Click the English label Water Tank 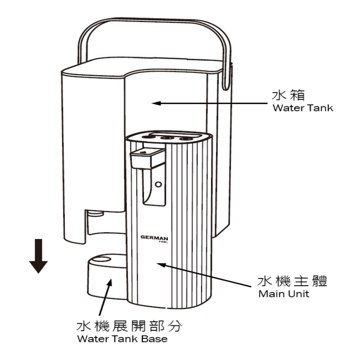[x=303, y=108]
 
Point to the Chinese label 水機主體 [x=292, y=282]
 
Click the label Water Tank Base [x=122, y=339]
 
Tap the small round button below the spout [x=157, y=184]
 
